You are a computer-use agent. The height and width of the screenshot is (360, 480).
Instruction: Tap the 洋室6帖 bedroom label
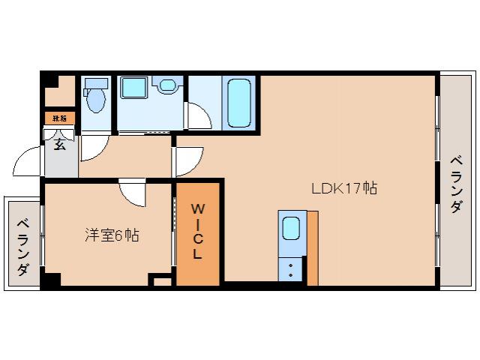pyautogui.click(x=111, y=235)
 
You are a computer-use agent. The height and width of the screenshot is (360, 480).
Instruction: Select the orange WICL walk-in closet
pyautogui.click(x=198, y=233)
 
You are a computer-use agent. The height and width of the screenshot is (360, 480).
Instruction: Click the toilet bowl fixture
pyautogui.click(x=95, y=98)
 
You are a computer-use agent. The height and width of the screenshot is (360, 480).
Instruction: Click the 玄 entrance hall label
pyautogui.click(x=59, y=145)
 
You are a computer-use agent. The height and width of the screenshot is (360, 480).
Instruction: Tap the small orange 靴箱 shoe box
pyautogui.click(x=59, y=118)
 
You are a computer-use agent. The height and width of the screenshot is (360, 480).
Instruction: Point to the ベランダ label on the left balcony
pyautogui.click(x=22, y=247)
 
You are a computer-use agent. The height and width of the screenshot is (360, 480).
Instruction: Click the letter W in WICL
pyautogui.click(x=197, y=208)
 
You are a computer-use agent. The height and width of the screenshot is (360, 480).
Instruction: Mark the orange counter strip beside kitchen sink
pyautogui.click(x=312, y=247)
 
